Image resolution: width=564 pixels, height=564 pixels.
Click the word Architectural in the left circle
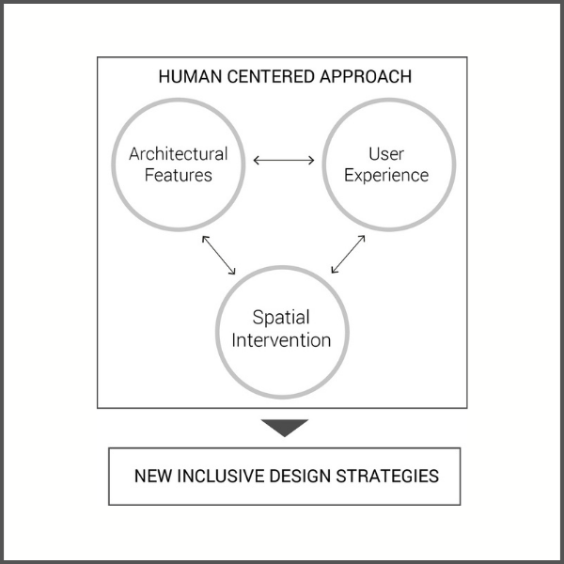(x=179, y=154)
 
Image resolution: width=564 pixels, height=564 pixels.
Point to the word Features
(x=179, y=175)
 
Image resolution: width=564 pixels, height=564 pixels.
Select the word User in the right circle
(x=386, y=153)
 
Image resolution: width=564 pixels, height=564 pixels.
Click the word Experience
(x=386, y=175)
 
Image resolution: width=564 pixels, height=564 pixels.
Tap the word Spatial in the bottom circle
(x=282, y=318)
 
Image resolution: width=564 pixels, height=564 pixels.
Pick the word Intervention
(x=282, y=339)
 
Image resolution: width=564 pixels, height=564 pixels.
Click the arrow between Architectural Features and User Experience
(x=284, y=160)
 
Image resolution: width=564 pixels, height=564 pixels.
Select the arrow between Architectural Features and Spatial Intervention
(x=219, y=254)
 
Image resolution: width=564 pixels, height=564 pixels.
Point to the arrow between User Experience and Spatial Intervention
(x=348, y=254)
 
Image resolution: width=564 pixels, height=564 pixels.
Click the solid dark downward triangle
(x=285, y=428)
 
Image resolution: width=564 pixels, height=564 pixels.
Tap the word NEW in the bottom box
(x=154, y=476)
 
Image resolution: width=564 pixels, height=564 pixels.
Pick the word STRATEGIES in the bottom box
(x=395, y=476)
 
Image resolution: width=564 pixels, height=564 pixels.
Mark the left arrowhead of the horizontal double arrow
(x=257, y=160)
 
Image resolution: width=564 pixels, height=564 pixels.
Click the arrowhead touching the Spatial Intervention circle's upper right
(x=334, y=271)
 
